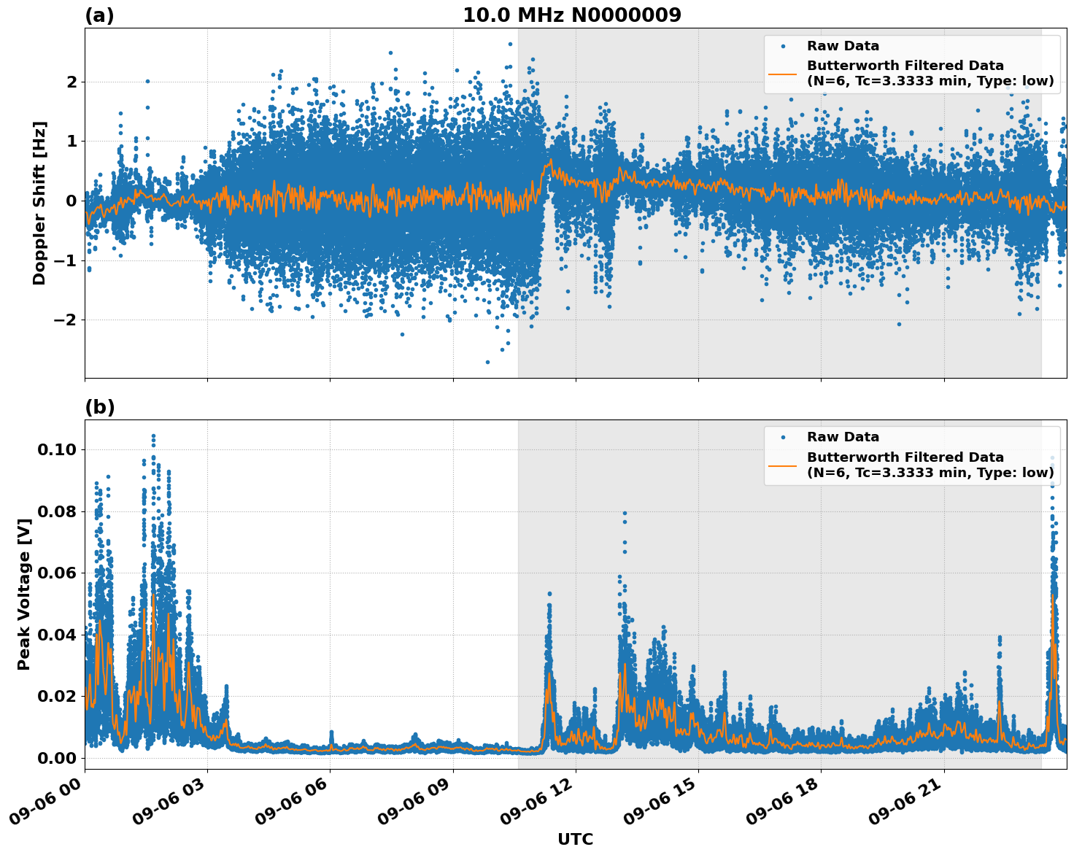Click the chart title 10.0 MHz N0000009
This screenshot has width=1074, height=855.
click(571, 15)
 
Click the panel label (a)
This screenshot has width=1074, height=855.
click(99, 15)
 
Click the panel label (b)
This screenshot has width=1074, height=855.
click(99, 407)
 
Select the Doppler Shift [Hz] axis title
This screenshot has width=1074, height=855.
click(39, 203)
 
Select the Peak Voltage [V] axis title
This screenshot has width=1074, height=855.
click(24, 595)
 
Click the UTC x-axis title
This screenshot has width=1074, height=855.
click(575, 839)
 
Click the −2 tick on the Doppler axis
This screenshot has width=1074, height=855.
click(63, 320)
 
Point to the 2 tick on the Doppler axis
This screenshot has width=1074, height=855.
click(72, 82)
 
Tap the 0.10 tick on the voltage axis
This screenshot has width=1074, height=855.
click(57, 449)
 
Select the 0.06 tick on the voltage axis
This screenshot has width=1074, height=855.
click(57, 573)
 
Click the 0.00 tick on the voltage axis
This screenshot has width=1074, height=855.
click(57, 758)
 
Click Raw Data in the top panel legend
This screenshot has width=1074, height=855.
click(843, 46)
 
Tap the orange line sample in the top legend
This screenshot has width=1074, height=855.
click(782, 73)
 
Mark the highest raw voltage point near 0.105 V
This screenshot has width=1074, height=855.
click(153, 436)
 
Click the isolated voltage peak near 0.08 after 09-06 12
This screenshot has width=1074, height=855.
click(625, 514)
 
